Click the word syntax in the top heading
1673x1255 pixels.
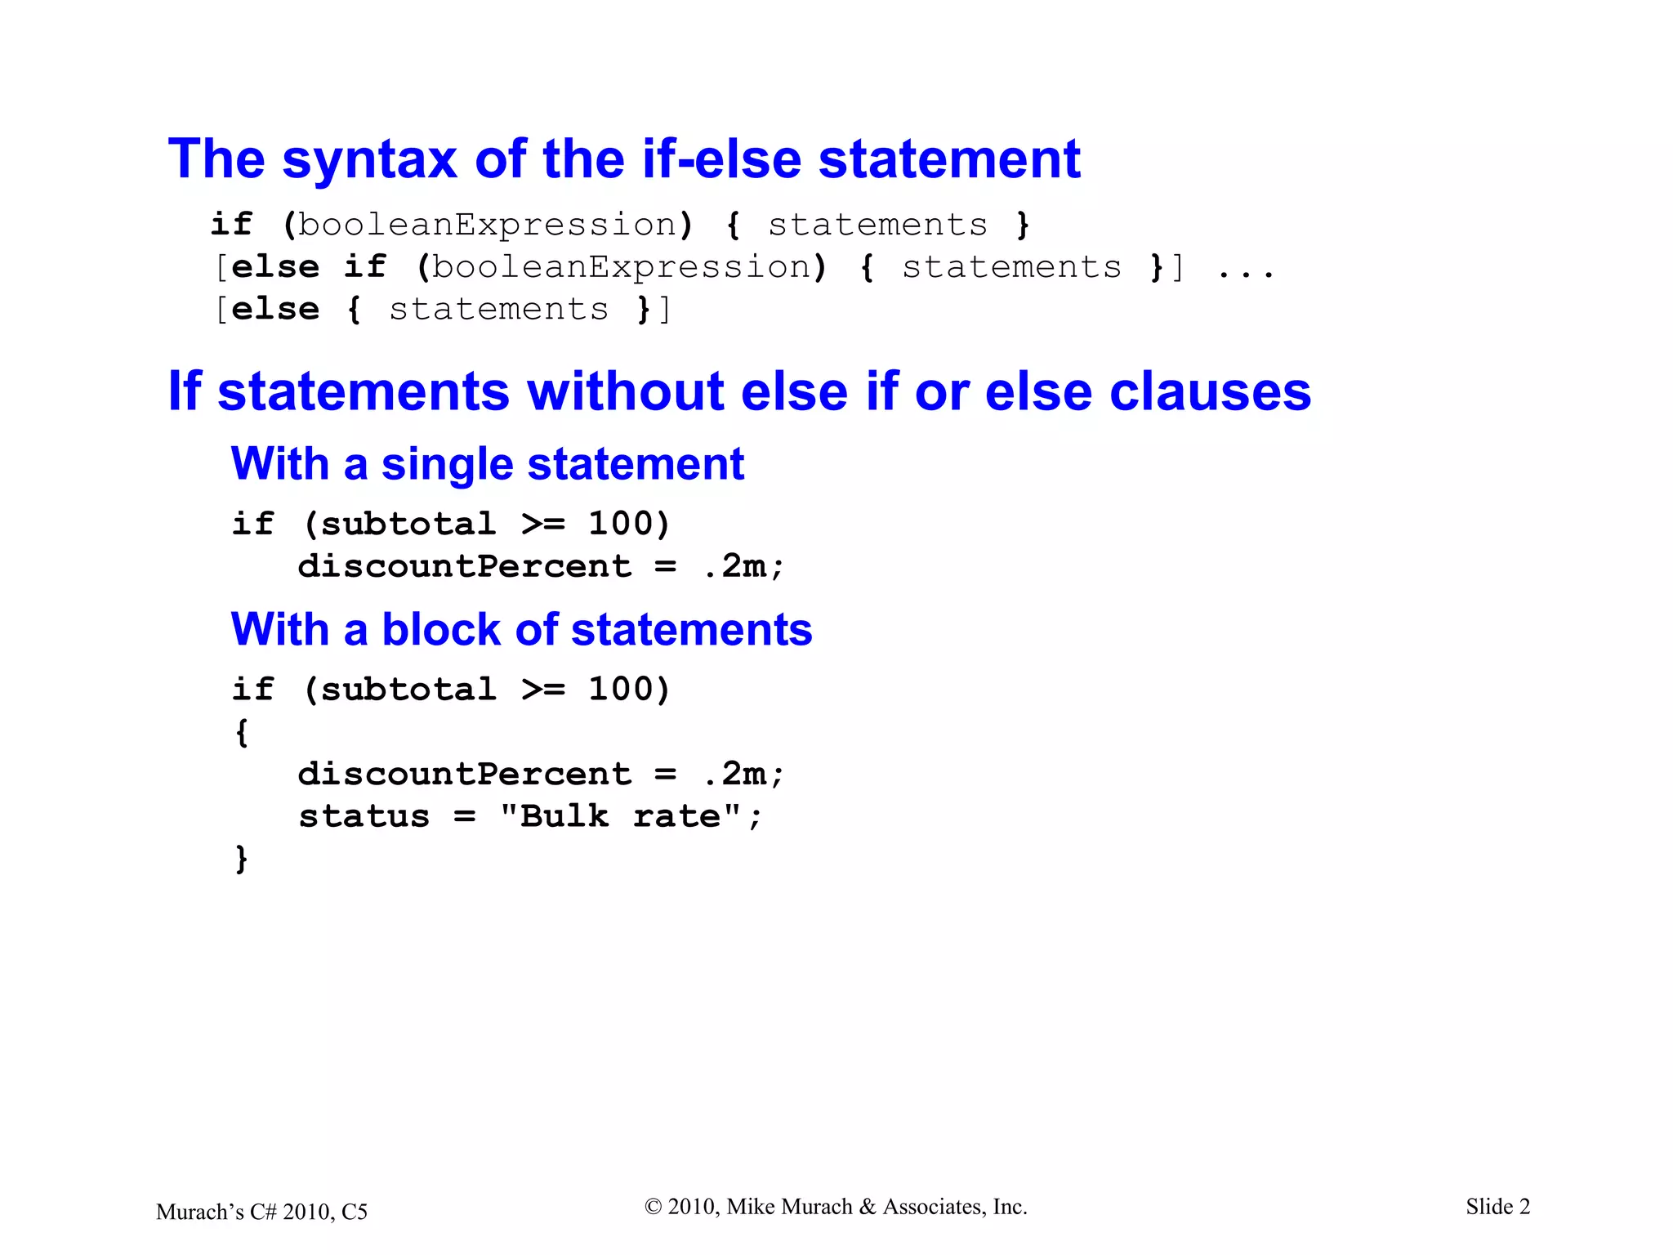(x=368, y=160)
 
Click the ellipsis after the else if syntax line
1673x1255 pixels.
(x=1245, y=269)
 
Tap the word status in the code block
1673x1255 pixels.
(x=364, y=816)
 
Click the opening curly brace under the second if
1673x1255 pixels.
(x=242, y=731)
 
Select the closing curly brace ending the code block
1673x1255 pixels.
(x=242, y=859)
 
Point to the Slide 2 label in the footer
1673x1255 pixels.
(x=1497, y=1207)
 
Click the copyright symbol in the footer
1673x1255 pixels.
(x=653, y=1207)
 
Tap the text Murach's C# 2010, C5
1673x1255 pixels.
(x=261, y=1212)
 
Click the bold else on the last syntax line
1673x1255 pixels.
(x=275, y=310)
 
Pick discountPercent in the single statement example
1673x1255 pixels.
(x=464, y=566)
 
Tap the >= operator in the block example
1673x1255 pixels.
(x=543, y=690)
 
